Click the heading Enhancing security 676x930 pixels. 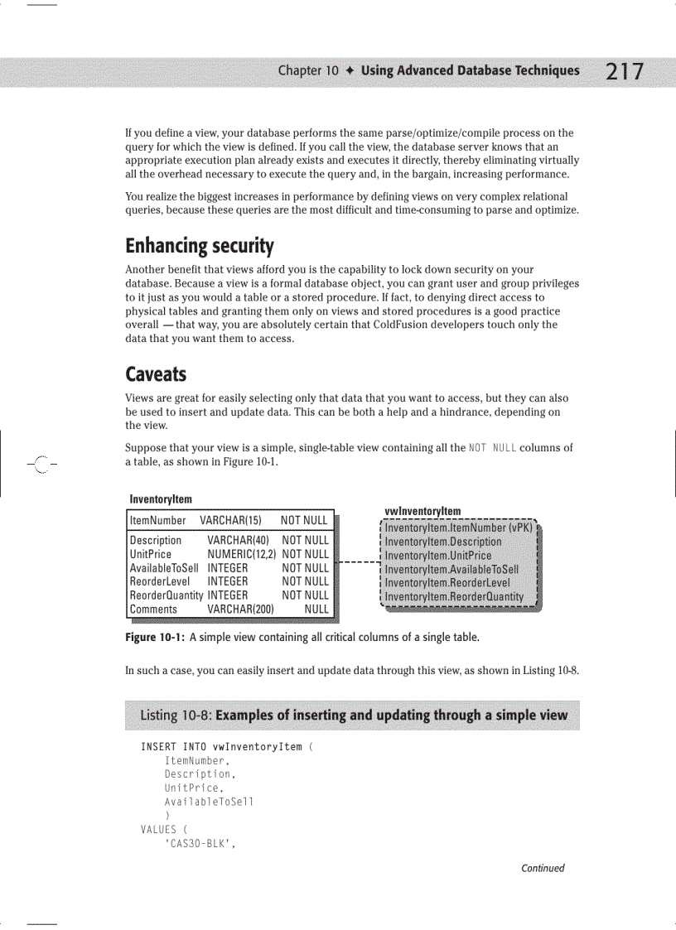[x=199, y=246]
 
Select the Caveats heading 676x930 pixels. [x=156, y=373]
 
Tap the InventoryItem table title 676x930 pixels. [x=161, y=499]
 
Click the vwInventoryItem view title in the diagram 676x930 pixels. [x=422, y=511]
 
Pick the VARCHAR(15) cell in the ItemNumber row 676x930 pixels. [x=230, y=520]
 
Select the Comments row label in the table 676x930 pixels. [x=153, y=609]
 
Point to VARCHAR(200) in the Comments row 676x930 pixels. [x=240, y=609]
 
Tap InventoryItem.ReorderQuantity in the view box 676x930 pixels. [x=454, y=596]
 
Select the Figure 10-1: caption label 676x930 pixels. [x=154, y=638]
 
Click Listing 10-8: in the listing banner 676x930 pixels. [x=176, y=715]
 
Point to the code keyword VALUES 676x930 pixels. [x=159, y=829]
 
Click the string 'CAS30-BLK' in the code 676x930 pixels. [x=196, y=843]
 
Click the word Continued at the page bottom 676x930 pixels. [x=543, y=868]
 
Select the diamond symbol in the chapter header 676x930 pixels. [x=350, y=70]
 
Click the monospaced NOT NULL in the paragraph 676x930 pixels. [x=492, y=448]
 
